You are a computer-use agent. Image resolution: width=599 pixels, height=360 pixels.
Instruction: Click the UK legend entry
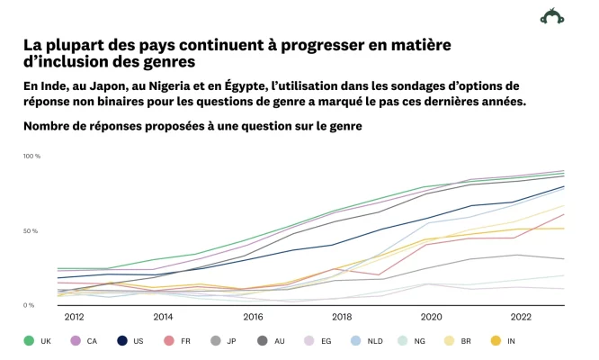[x=37, y=340]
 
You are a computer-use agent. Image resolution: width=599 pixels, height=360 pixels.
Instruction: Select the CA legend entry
[x=87, y=340]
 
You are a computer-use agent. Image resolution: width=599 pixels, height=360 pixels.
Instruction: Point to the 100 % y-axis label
[x=31, y=157]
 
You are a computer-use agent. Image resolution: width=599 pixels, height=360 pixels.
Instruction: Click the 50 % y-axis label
[x=30, y=231]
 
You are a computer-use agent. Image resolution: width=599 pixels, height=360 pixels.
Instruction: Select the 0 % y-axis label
[x=28, y=306]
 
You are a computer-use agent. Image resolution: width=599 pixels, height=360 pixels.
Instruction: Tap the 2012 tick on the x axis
[x=74, y=317]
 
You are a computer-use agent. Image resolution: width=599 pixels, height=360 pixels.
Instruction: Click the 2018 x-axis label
[x=342, y=317]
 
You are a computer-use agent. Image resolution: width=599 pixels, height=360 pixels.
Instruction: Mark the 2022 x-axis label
[x=521, y=317]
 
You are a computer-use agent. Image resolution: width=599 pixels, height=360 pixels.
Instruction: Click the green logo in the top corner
[x=551, y=15]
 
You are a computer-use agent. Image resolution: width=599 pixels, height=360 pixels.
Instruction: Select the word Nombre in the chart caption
[x=49, y=126]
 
